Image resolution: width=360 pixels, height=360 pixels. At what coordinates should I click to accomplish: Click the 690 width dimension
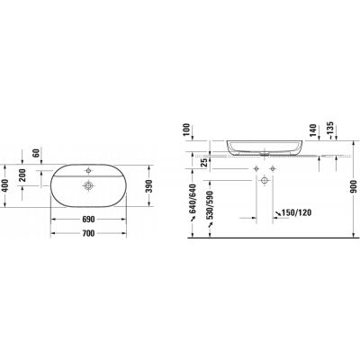coord(89,220)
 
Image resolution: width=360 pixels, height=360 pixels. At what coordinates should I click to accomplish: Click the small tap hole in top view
coord(89,168)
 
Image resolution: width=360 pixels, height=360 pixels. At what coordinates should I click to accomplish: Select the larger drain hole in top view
coord(89,186)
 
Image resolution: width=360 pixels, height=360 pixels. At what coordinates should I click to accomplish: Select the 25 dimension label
coord(205,164)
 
